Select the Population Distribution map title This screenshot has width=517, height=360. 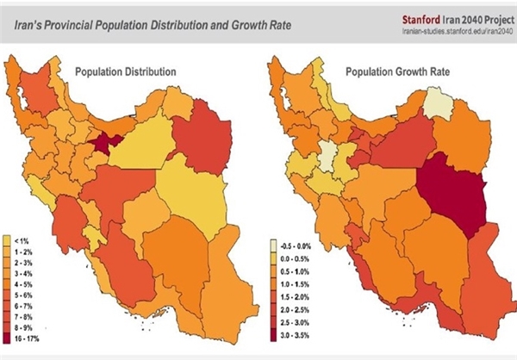(x=126, y=71)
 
